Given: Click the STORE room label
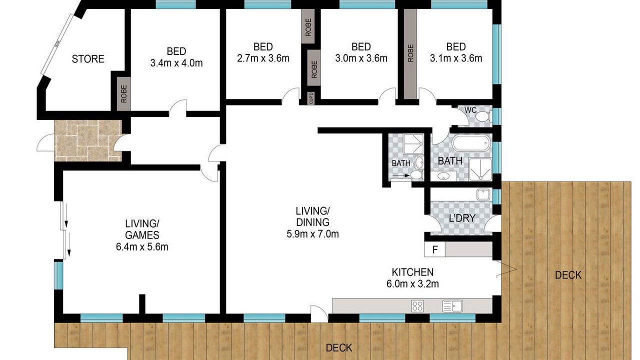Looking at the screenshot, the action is point(88,59).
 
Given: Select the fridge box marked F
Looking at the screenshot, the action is point(434,249).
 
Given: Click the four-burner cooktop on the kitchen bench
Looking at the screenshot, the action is point(417,306).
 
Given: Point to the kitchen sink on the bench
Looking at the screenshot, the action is point(452,306).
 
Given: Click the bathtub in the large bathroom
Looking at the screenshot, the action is point(471,143).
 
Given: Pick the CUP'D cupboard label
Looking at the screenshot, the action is point(311,98).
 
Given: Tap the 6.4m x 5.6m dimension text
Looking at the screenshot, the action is point(142,247).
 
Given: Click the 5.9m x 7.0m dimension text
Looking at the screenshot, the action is point(312,234).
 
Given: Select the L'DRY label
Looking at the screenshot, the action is point(462,218).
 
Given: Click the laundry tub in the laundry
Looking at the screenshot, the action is point(483,194).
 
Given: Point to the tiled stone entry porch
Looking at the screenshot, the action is point(88,140).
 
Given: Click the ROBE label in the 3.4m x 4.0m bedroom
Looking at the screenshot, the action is point(123,94).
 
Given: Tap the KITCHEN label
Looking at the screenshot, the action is point(412,272).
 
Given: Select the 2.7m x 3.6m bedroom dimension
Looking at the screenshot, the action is point(263,58).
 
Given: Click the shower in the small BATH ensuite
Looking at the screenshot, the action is point(413,144).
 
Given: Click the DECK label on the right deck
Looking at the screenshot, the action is point(568,275).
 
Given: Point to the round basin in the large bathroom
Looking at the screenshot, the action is point(443,176).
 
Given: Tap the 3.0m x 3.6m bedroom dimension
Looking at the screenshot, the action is point(361,58).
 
